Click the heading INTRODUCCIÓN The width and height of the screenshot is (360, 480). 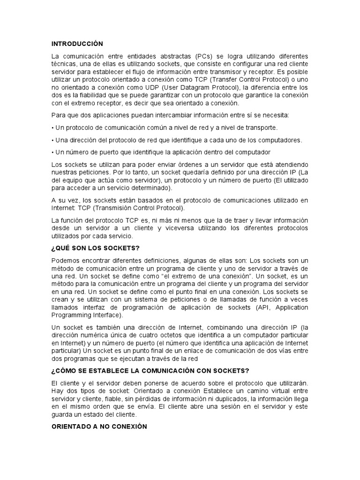pos(77,44)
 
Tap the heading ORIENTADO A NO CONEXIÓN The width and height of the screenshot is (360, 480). pos(99,427)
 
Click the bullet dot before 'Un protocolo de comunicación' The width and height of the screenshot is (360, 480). pos(52,127)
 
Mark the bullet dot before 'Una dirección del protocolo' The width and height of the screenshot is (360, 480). pos(52,140)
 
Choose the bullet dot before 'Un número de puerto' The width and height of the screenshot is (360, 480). pos(52,152)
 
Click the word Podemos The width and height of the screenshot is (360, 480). pos(65,261)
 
